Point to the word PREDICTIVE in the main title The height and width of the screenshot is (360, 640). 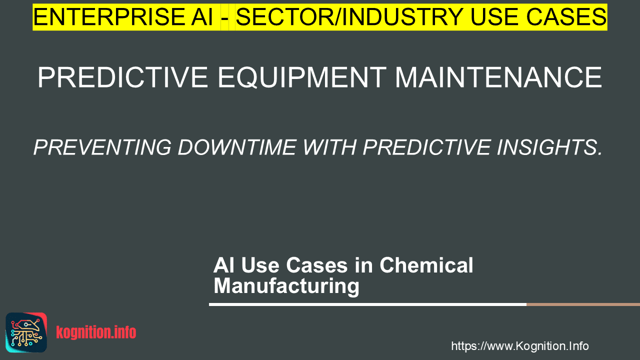pyautogui.click(x=123, y=77)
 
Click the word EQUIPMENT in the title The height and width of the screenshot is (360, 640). pyautogui.click(x=302, y=77)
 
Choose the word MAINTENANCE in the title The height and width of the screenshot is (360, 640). pyautogui.click(x=498, y=77)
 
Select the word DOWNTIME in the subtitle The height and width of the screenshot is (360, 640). pyautogui.click(x=237, y=147)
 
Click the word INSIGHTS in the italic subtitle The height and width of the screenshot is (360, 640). pyautogui.click(x=549, y=147)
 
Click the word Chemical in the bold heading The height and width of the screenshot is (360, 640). pyautogui.click(x=426, y=265)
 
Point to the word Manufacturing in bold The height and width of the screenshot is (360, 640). pyautogui.click(x=286, y=286)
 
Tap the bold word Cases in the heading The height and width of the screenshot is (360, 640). pyautogui.click(x=317, y=265)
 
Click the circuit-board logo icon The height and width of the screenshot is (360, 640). pyautogui.click(x=26, y=332)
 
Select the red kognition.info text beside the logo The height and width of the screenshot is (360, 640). pyautogui.click(x=96, y=332)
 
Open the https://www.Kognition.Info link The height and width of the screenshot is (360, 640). pyautogui.click(x=520, y=346)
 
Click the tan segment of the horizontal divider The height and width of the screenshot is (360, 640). pyautogui.click(x=583, y=304)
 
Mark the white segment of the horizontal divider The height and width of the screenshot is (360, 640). pyautogui.click(x=367, y=304)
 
